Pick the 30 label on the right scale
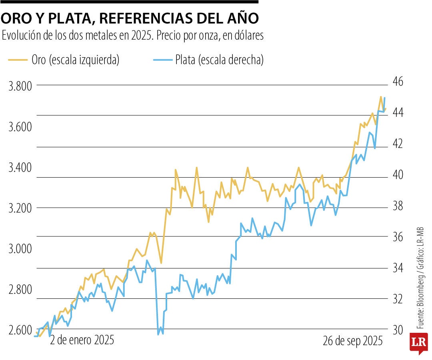coord(400,330)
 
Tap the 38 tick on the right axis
coord(400,206)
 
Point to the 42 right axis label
coord(400,144)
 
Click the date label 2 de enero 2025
coord(82,340)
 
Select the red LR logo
coord(418,344)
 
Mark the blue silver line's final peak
coord(384,98)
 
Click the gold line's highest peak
coord(380,96)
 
